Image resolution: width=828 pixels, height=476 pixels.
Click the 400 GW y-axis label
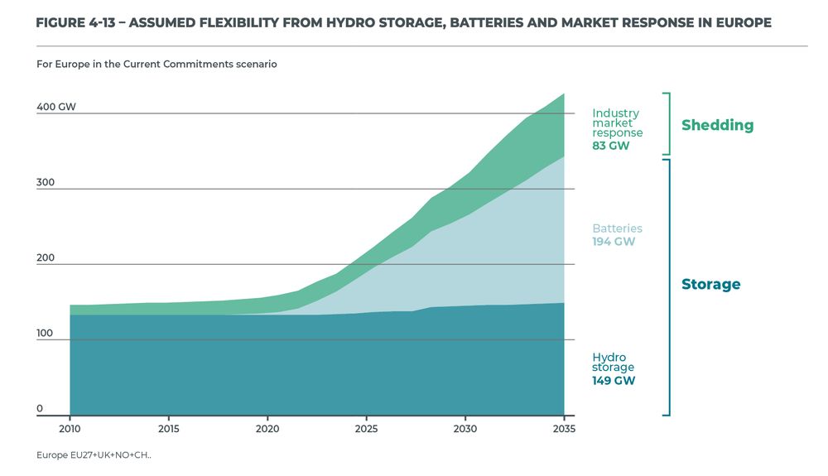pos(56,107)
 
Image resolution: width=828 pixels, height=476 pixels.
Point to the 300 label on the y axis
pos(46,182)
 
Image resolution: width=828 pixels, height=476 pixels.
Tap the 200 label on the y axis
pos(46,257)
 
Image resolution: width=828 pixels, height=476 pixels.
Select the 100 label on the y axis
pos(46,334)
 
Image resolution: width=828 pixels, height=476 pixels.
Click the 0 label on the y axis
pos(40,409)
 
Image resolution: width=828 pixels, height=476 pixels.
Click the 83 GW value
pos(610,146)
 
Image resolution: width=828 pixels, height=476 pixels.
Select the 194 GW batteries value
pos(614,242)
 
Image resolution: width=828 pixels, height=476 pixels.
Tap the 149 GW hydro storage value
pos(613,381)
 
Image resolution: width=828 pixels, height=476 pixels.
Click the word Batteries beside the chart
pos(617,228)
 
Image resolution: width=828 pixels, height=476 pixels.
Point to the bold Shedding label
pos(717,125)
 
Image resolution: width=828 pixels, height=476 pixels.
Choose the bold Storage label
pos(710,284)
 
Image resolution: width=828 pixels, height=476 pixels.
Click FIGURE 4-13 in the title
pos(75,23)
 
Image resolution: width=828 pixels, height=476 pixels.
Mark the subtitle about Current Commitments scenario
pos(156,64)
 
